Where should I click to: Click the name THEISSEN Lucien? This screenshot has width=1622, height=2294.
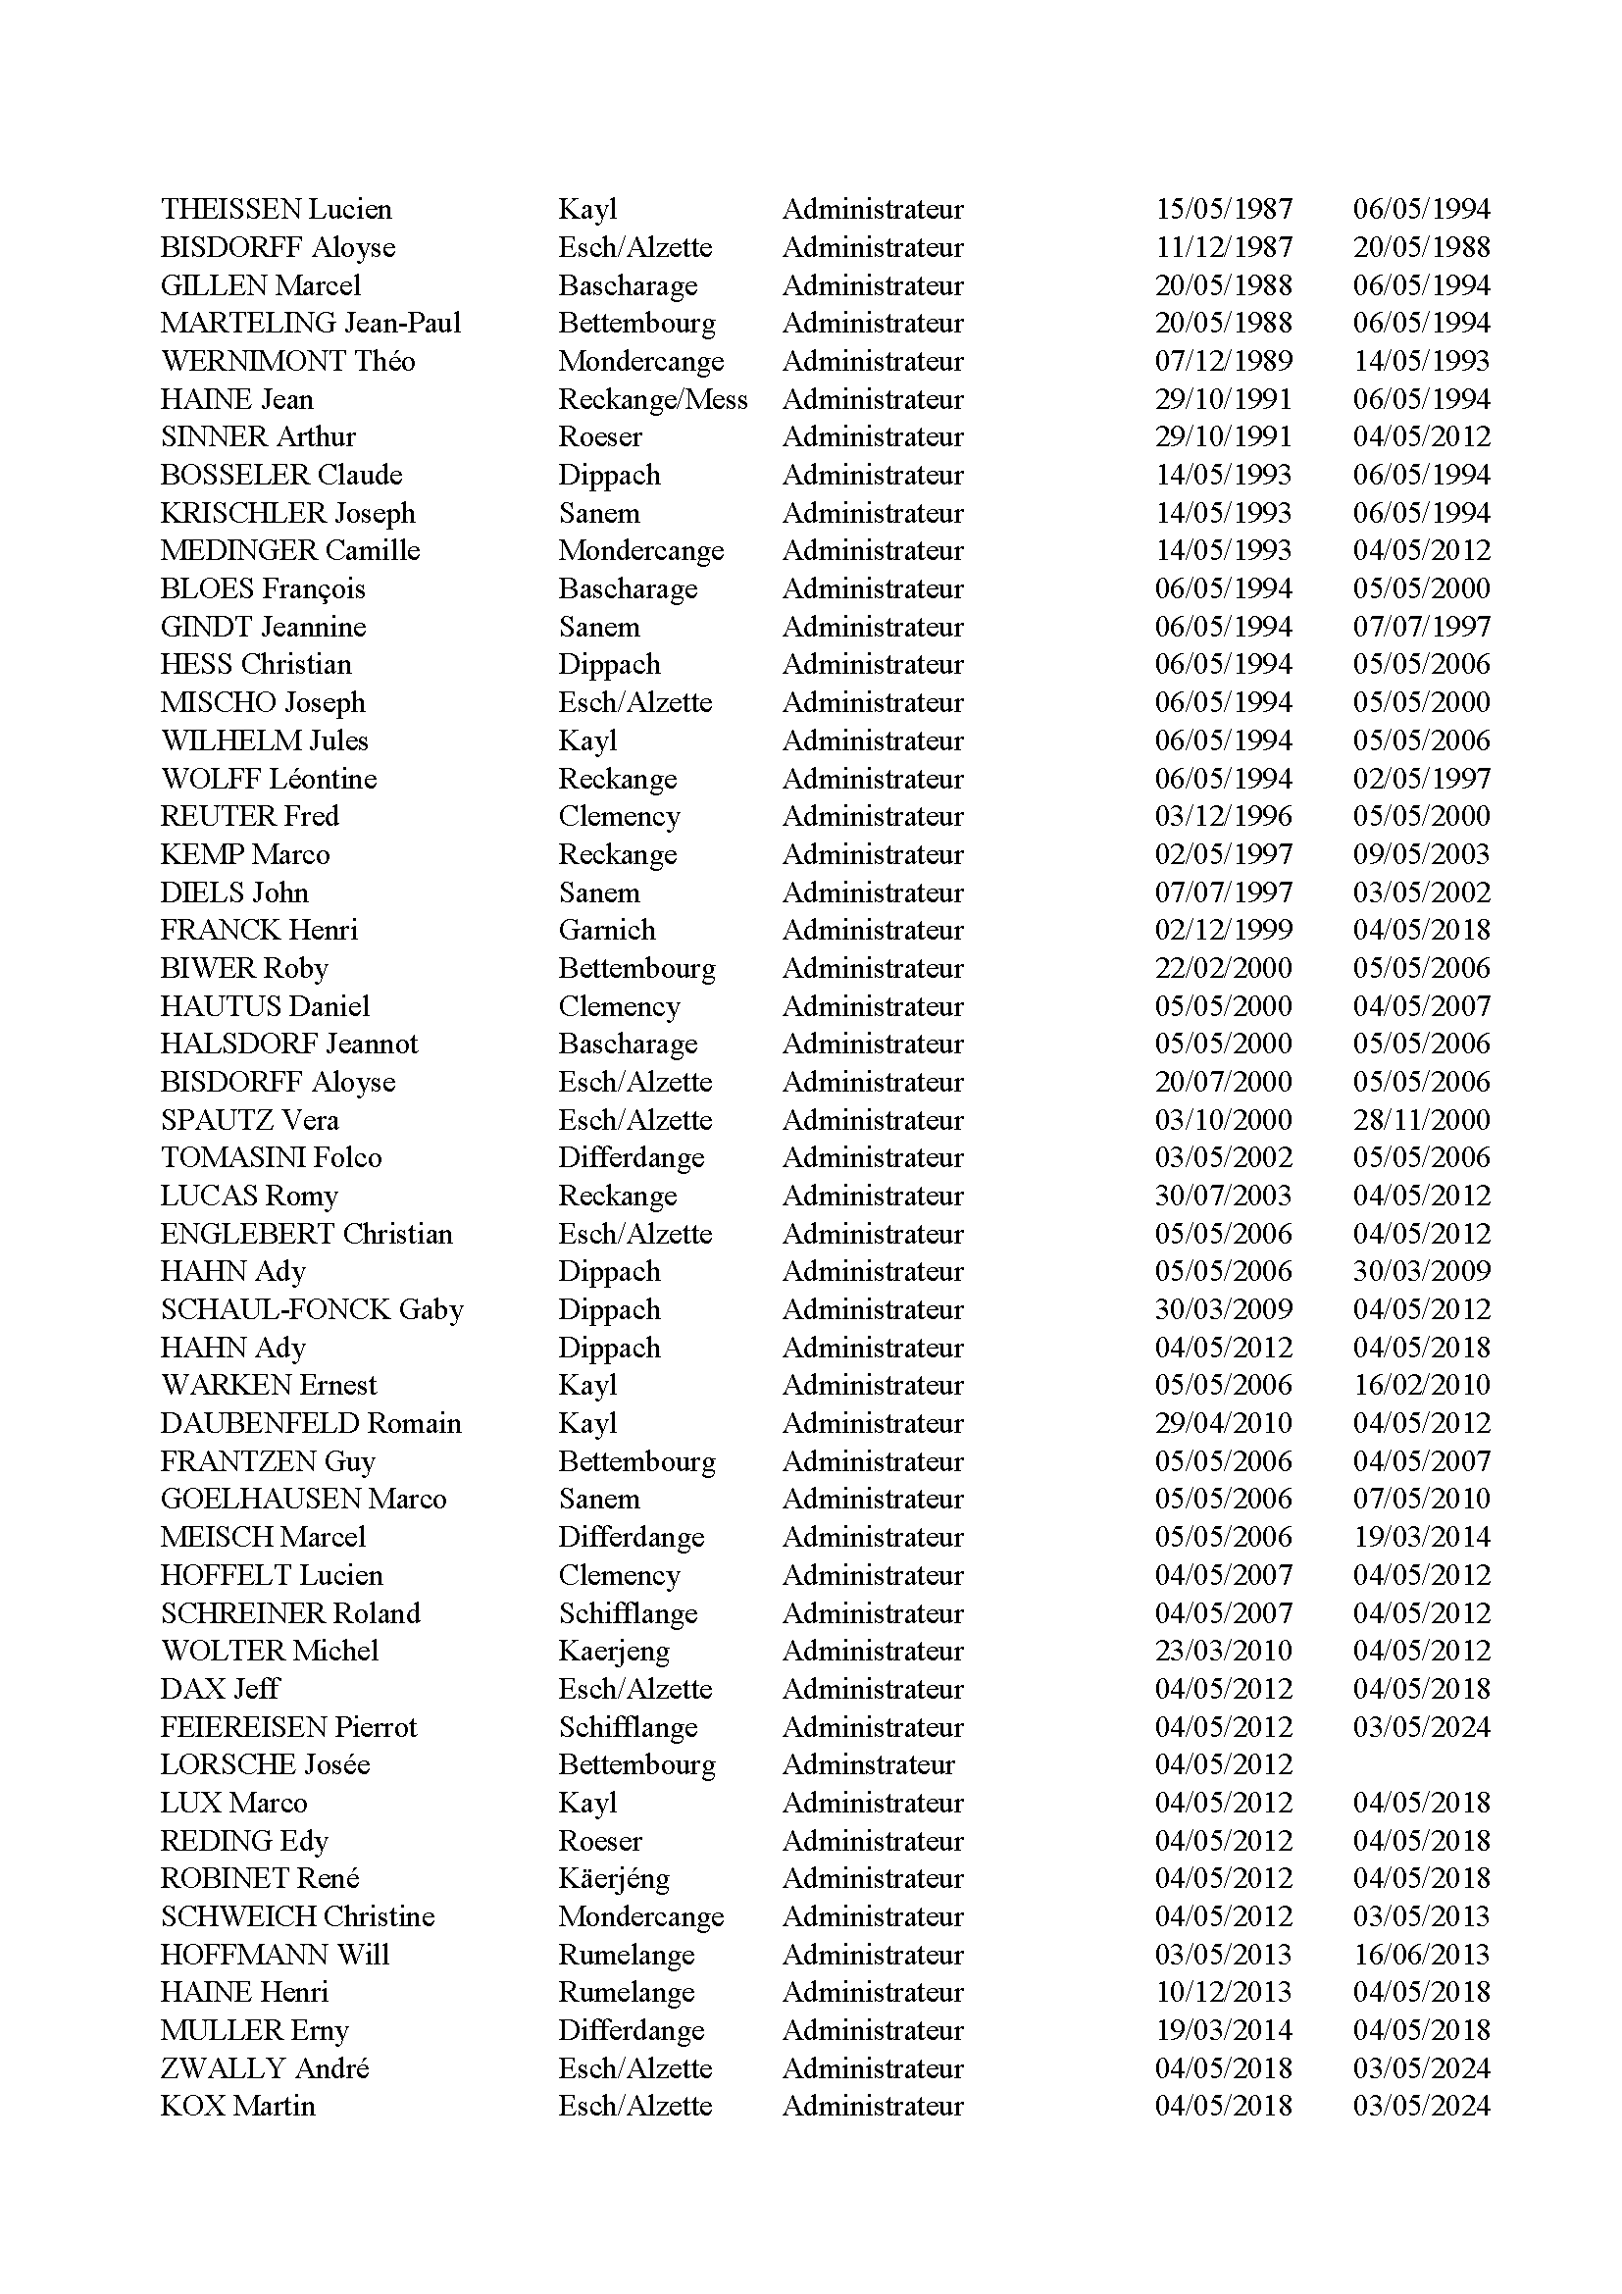pos(276,209)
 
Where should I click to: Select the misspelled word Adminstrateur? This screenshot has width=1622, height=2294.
pos(868,1764)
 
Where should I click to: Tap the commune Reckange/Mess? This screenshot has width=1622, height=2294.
pos(652,398)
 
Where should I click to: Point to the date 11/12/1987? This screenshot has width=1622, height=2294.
pos(1224,247)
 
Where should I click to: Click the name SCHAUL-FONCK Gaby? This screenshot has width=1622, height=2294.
pos(312,1309)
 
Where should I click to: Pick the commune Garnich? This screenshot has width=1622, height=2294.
pos(606,929)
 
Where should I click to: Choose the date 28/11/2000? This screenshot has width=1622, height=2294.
pos(1421,1119)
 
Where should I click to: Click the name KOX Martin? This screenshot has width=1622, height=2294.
pos(237,2105)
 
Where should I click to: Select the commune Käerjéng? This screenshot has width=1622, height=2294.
pos(613,1878)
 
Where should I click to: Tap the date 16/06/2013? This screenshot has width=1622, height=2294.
pos(1421,1955)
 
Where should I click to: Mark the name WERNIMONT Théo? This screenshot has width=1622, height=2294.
pos(287,361)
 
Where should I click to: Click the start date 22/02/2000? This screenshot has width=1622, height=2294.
pos(1224,967)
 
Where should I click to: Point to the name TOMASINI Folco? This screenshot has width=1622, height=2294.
pos(271,1157)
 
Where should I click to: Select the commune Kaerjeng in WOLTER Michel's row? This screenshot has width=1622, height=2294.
pos(613,1651)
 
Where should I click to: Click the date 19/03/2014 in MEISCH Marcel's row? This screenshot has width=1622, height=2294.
pos(1421,1537)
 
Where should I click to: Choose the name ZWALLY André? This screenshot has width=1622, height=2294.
pos(265,2067)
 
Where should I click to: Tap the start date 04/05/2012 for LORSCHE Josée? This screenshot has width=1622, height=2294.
pos(1224,1764)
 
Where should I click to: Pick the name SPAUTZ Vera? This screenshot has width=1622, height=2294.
pos(250,1119)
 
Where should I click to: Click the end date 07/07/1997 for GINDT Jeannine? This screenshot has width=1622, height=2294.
pos(1421,627)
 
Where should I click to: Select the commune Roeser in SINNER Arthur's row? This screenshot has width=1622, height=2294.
pos(599,436)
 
